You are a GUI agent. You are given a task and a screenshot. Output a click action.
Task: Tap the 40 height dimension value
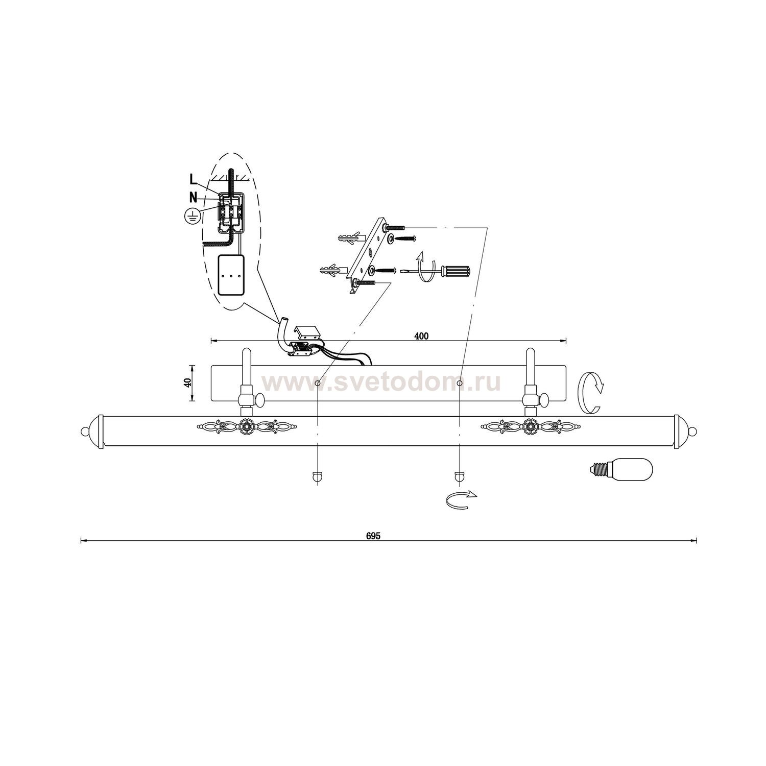(187, 383)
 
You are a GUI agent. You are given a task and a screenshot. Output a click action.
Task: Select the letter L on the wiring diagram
(193, 179)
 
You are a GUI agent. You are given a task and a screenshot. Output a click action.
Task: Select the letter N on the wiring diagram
(193, 197)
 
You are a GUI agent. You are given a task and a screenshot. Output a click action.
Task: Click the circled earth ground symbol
(192, 217)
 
